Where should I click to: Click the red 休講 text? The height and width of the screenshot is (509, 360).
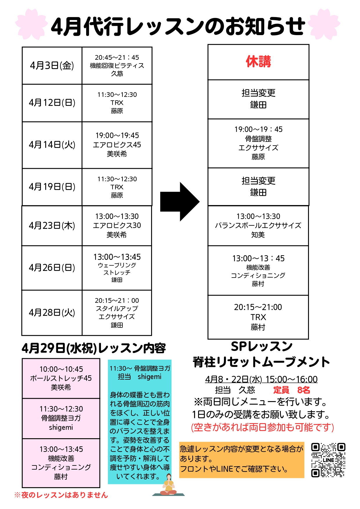point(258,62)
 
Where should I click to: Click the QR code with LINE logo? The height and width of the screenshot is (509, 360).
point(328,460)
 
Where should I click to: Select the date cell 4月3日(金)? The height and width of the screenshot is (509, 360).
point(52,66)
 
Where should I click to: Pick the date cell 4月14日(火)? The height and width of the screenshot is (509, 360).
point(52,145)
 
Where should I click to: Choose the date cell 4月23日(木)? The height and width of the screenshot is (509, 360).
point(52,226)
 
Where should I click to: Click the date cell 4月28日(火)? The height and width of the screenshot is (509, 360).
point(52,313)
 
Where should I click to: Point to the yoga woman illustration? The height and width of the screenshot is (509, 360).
point(169,485)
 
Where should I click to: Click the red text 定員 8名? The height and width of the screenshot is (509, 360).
point(291,390)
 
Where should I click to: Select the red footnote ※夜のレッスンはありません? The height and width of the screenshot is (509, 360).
point(61,495)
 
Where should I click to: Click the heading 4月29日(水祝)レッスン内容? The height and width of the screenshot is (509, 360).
point(93,348)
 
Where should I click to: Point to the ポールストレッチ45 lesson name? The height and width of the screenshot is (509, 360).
point(61,378)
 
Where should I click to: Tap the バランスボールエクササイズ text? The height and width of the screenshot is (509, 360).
point(258,225)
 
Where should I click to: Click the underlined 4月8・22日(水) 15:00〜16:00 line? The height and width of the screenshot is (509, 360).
point(261,379)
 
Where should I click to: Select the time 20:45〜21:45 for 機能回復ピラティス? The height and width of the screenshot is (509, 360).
point(117,57)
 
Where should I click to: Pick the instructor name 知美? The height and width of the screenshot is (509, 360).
point(258,235)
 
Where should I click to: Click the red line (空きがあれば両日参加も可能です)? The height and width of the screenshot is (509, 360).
point(263,427)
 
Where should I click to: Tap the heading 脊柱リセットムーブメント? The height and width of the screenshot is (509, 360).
point(261,362)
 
